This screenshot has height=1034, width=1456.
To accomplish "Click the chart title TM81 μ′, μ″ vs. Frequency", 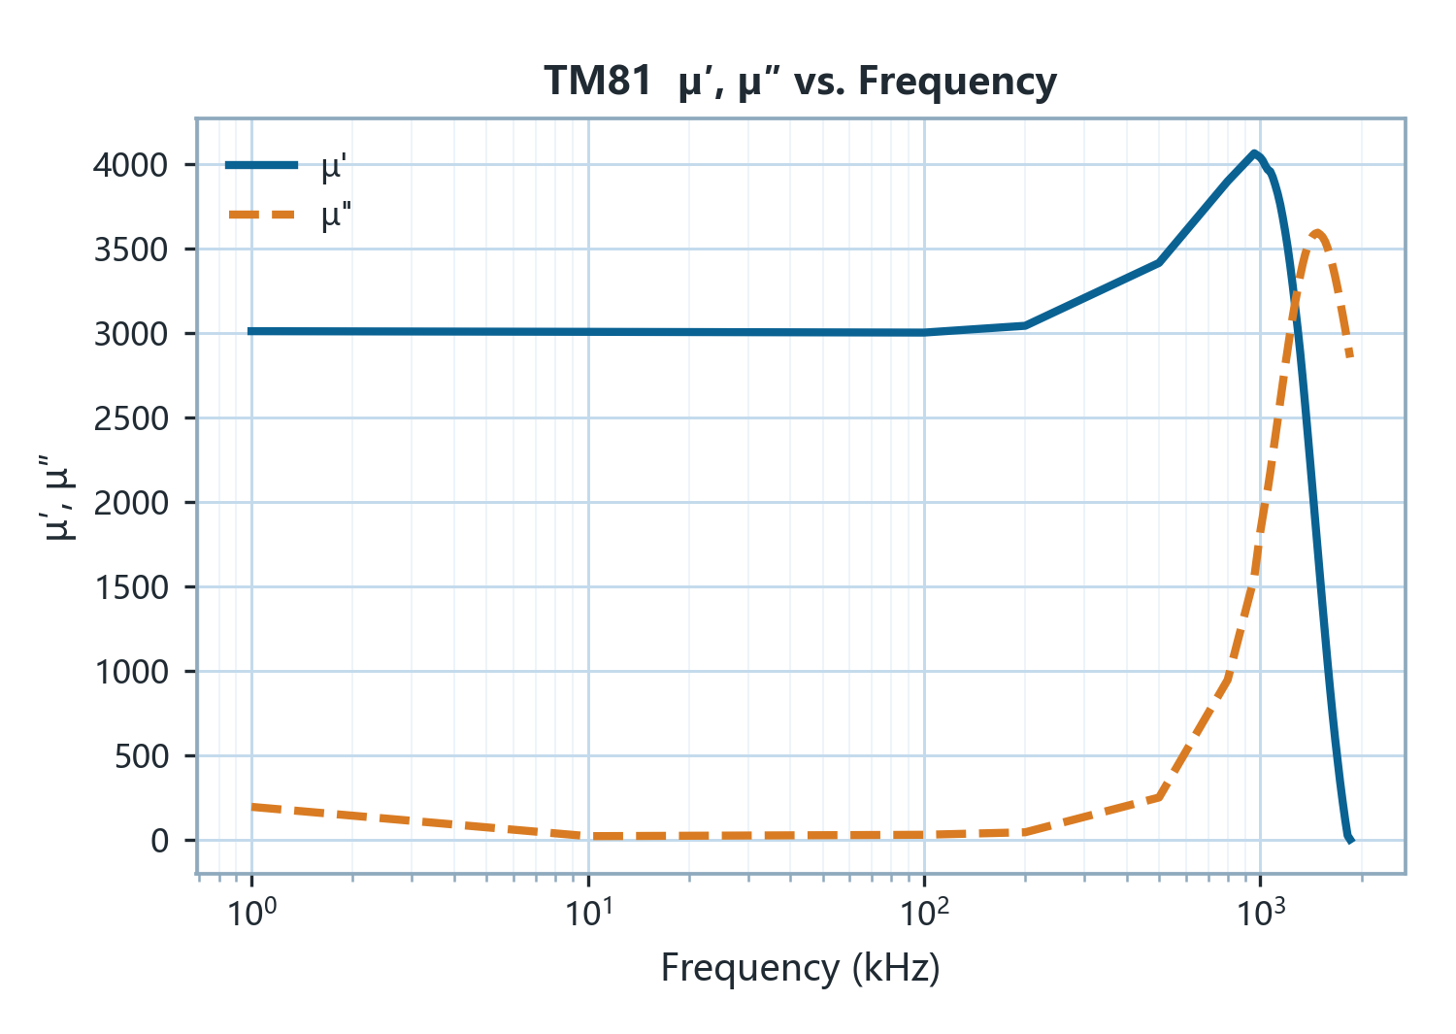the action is pyautogui.click(x=800, y=82).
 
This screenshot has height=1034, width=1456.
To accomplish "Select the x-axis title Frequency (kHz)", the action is pyautogui.click(x=800, y=968).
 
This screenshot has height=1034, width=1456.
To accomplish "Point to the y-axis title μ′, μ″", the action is pyautogui.click(x=57, y=498).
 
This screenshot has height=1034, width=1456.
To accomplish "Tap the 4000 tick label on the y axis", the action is pyautogui.click(x=131, y=165).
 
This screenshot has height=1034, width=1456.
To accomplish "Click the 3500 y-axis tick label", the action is pyautogui.click(x=131, y=250).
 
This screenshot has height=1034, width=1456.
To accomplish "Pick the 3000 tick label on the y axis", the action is pyautogui.click(x=131, y=334).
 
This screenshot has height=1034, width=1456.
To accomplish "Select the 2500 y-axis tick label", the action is pyautogui.click(x=131, y=418).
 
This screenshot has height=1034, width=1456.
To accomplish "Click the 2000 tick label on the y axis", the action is pyautogui.click(x=131, y=503).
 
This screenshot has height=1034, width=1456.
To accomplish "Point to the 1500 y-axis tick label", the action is pyautogui.click(x=131, y=588).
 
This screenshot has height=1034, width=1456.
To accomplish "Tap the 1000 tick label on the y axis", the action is pyautogui.click(x=131, y=672).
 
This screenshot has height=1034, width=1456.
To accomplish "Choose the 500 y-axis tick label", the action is pyautogui.click(x=141, y=756).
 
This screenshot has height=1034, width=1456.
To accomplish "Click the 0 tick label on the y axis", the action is pyautogui.click(x=160, y=841).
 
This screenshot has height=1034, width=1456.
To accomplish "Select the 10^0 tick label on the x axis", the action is pyautogui.click(x=251, y=912).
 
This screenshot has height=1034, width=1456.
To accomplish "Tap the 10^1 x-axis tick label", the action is pyautogui.click(x=588, y=912).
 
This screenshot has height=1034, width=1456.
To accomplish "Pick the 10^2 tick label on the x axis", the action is pyautogui.click(x=924, y=912).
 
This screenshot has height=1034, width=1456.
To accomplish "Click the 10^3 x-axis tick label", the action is pyautogui.click(x=1260, y=912).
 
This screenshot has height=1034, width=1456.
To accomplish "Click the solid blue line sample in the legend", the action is pyautogui.click(x=261, y=165).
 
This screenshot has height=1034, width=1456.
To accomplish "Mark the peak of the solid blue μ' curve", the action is pyautogui.click(x=1254, y=153).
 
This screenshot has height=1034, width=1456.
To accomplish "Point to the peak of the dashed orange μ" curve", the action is pyautogui.click(x=1317, y=233).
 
